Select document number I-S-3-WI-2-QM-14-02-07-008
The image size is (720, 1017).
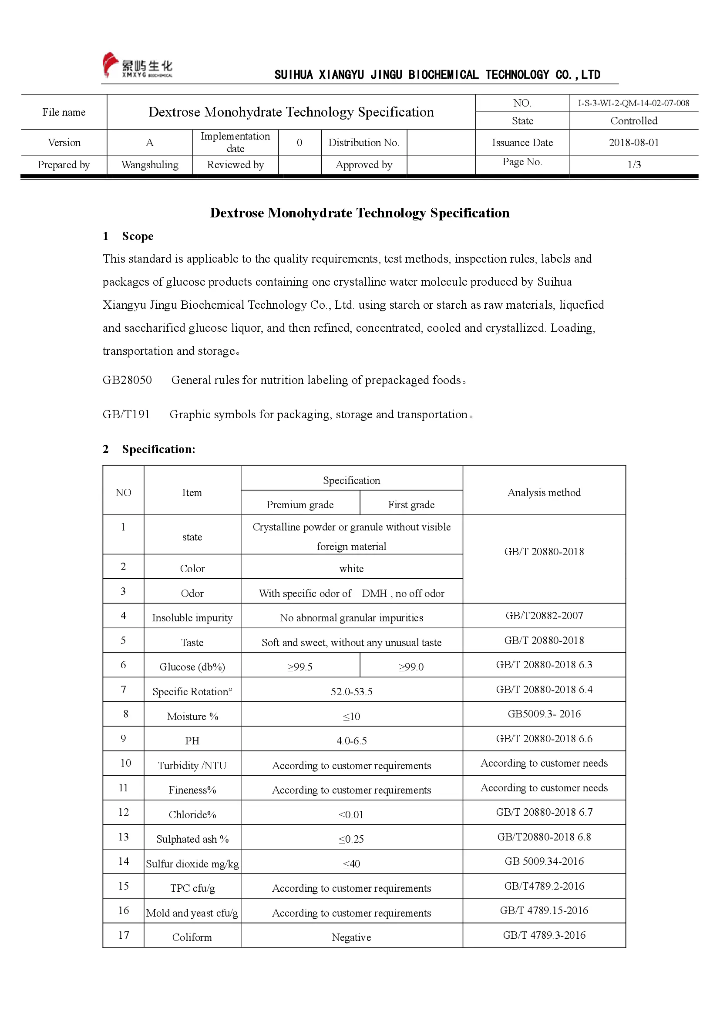[633, 103]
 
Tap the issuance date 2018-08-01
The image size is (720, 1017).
[633, 143]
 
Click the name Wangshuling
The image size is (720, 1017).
[150, 165]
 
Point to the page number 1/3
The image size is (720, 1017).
[634, 165]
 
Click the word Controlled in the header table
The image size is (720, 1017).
[633, 121]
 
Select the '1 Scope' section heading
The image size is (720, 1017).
[128, 236]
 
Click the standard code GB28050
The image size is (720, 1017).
[127, 380]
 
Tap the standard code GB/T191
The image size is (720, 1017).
[126, 415]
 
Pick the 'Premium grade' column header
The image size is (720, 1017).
[300, 504]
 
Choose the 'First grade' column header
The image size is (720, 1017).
[411, 504]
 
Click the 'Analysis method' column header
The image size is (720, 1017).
[544, 493]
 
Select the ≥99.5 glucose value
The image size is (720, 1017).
[300, 667]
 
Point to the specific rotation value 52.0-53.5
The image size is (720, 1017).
[352, 692]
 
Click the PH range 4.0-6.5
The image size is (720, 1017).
[352, 741]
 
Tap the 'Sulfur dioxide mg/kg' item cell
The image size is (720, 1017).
[192, 864]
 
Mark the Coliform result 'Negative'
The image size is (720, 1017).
[352, 937]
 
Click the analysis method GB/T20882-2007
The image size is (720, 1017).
[544, 616]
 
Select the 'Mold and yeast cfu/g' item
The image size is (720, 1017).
[192, 913]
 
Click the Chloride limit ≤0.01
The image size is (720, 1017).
[352, 814]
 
